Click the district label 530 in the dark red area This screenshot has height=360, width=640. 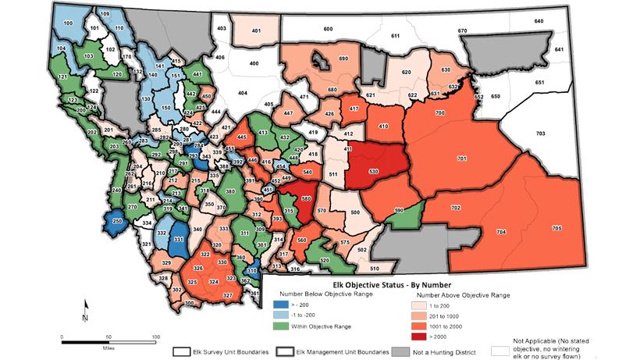(x=373, y=171)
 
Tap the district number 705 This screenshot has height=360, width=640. (x=556, y=227)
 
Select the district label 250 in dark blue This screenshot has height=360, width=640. (x=118, y=222)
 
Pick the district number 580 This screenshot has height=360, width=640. (x=307, y=198)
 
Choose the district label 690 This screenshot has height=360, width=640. (x=343, y=59)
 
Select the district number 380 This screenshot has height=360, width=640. (x=230, y=191)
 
